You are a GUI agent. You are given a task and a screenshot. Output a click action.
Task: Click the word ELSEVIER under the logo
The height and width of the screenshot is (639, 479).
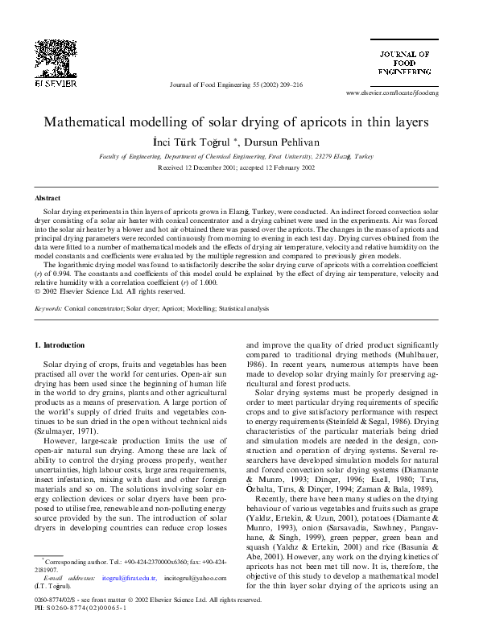point(54,83)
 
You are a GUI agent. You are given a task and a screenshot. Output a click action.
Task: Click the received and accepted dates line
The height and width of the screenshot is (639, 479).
point(237,169)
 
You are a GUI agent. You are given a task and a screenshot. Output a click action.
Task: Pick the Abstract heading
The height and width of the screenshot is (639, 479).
point(47,198)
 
